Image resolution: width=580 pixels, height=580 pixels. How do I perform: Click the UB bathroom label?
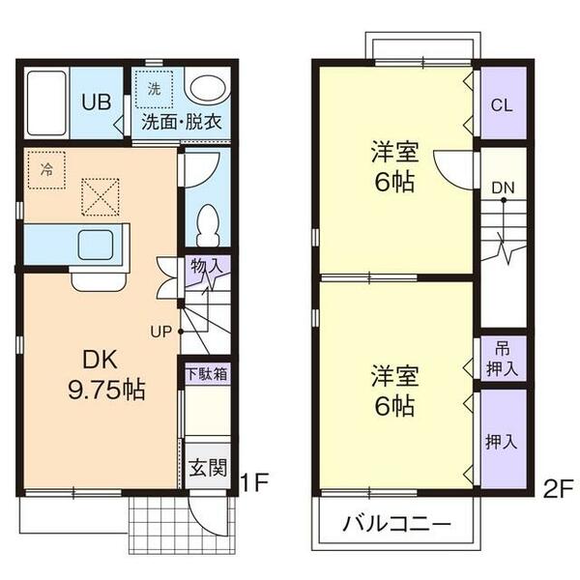coord(95,101)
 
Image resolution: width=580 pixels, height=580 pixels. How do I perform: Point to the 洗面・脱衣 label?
coord(181,123)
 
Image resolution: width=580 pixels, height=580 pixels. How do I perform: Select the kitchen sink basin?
coord(97,246)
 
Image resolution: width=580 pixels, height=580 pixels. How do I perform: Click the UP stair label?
coord(160,331)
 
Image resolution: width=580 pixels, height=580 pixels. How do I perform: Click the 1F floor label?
coord(252,479)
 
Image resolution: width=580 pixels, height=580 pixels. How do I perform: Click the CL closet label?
coord(502,104)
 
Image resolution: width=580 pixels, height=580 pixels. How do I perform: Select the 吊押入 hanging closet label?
coord(503,359)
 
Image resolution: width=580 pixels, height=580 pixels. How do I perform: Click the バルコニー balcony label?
coord(396,526)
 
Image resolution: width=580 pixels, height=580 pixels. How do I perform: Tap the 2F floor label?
coord(559,487)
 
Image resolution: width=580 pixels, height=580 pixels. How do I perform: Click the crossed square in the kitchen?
coord(99,196)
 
